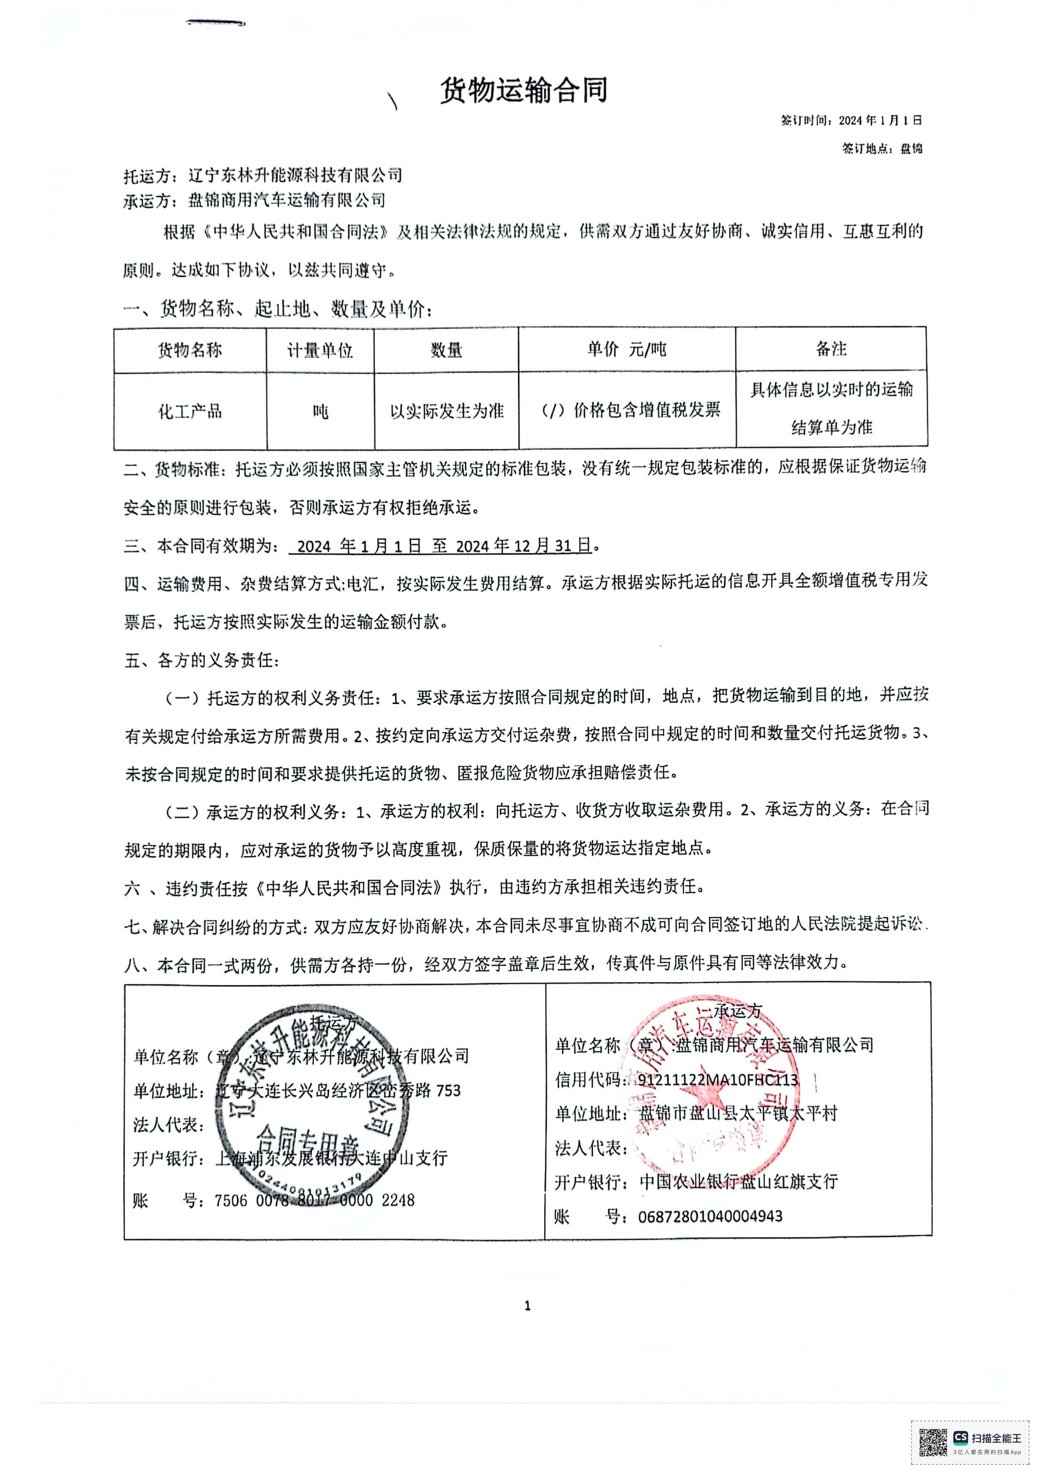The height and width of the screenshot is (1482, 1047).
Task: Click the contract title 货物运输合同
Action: [523, 91]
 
